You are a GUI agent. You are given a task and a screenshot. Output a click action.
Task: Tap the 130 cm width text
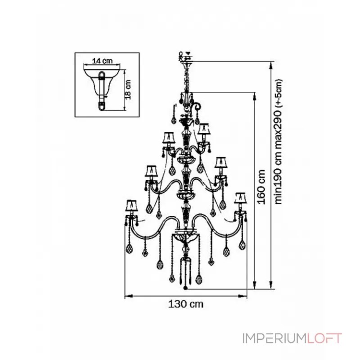pos(185,305)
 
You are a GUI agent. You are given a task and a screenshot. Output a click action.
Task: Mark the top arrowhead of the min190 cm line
pos(271,65)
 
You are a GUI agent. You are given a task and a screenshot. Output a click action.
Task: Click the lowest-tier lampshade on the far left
pos(131,205)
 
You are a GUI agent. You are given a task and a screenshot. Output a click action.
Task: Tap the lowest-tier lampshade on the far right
pos(240,198)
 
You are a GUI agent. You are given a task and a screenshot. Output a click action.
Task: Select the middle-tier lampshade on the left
pos(151,171)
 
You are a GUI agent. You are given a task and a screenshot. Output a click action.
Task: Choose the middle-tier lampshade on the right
pos(220,162)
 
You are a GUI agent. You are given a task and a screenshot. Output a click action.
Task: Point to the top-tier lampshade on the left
pos(169,137)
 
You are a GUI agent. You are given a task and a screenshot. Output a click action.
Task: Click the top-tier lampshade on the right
pos(203,129)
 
